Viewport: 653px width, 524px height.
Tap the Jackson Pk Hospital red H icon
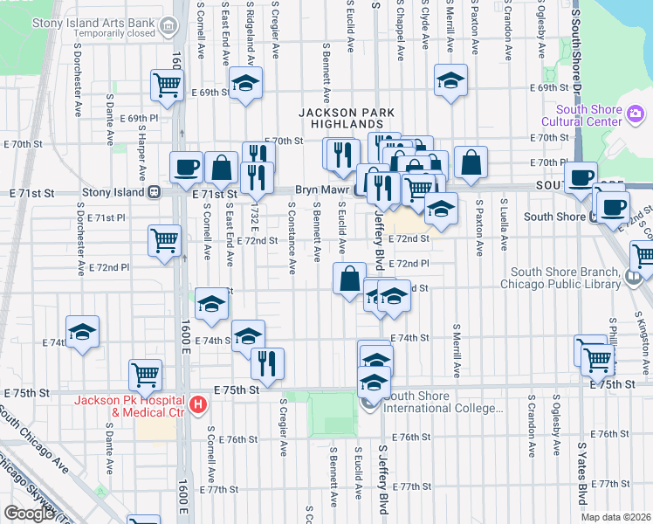198,404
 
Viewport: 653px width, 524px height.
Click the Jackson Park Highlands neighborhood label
347,119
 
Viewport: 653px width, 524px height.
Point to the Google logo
29,514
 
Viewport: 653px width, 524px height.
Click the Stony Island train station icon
154,192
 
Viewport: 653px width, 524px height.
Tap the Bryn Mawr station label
322,190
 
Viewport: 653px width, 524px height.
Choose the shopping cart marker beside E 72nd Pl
164,240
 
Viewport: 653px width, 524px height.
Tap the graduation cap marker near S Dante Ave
82,332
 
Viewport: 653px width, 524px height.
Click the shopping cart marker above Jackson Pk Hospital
145,375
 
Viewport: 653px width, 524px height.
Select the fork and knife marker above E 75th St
267,362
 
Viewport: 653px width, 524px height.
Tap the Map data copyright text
615,517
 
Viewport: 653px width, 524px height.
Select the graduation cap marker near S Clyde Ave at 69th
450,80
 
